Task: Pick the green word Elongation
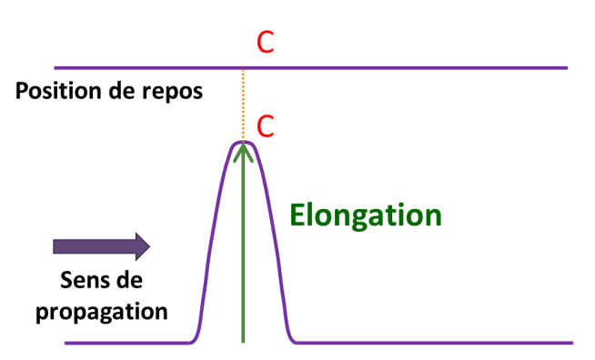tap(366, 215)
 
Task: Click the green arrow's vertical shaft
tap(243, 255)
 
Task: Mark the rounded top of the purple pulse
tap(243, 141)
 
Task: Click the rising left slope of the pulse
tap(213, 236)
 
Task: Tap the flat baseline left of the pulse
tap(127, 343)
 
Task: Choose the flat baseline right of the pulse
tap(437, 343)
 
